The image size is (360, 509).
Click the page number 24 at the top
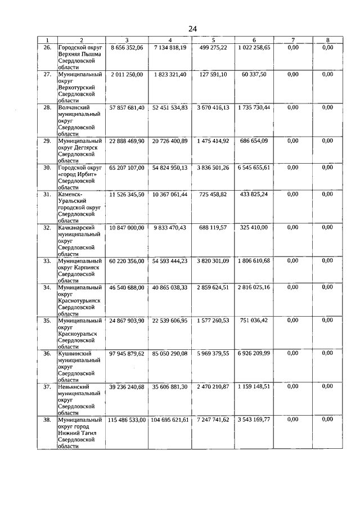click(x=192, y=29)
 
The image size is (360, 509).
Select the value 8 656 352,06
click(x=127, y=48)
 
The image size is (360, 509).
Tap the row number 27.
click(x=48, y=74)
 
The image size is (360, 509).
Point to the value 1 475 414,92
click(x=213, y=141)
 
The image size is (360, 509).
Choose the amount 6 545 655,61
click(x=254, y=168)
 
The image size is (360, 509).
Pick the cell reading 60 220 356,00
click(x=127, y=261)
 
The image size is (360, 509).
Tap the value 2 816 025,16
click(x=254, y=287)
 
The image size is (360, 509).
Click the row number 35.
click(x=48, y=321)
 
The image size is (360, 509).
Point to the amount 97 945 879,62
click(x=127, y=353)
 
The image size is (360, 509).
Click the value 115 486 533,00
click(x=127, y=420)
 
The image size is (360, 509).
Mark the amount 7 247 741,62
click(x=213, y=420)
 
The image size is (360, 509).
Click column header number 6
click(x=254, y=39)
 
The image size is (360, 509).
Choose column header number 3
click(x=127, y=39)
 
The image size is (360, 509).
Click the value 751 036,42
click(x=254, y=321)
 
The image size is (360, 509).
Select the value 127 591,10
click(x=213, y=74)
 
